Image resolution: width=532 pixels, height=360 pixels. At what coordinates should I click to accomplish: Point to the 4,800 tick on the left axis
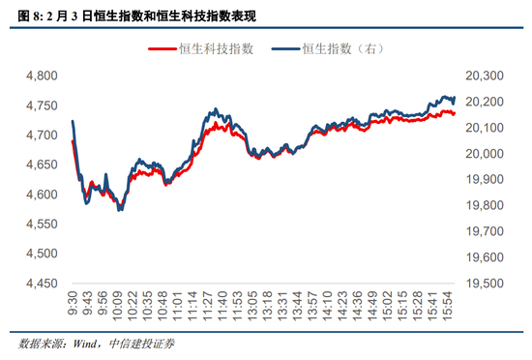(x=40, y=75)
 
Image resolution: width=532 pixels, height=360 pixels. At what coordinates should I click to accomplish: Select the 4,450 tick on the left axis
(x=40, y=284)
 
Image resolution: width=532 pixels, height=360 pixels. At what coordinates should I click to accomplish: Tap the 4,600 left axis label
(x=40, y=195)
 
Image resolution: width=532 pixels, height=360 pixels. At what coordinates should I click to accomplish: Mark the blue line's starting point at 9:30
(x=73, y=121)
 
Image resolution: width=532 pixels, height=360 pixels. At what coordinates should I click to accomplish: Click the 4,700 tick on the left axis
(x=40, y=135)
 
